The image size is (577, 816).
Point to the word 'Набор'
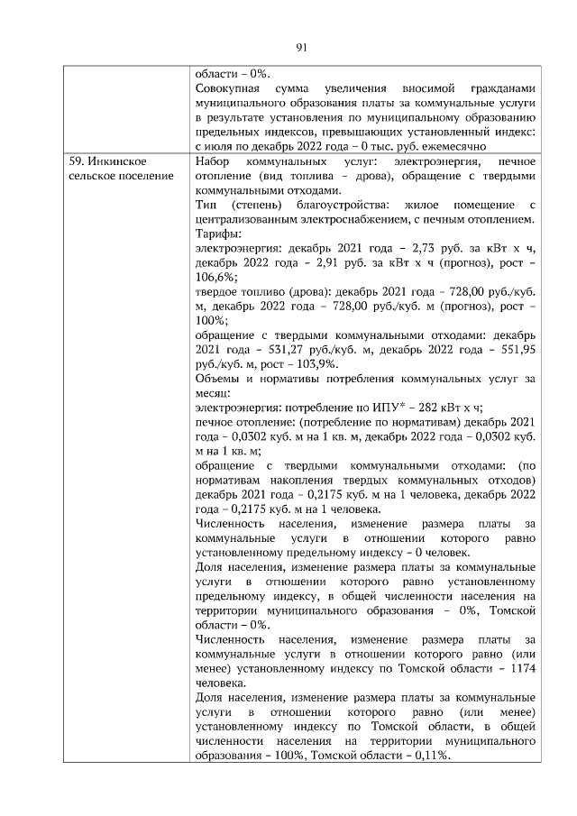coord(213,160)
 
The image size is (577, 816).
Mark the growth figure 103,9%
coord(317,362)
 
